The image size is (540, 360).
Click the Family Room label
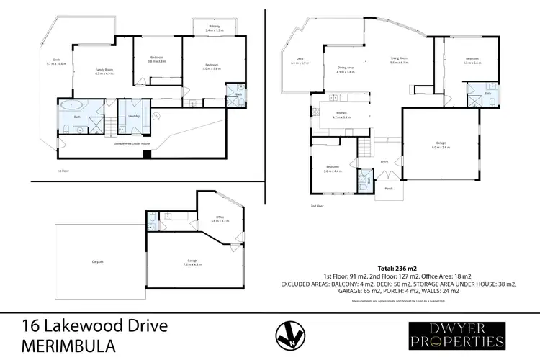click(104, 70)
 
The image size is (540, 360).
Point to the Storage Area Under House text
click(132, 143)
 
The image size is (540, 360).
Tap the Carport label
click(99, 261)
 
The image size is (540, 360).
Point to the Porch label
click(389, 189)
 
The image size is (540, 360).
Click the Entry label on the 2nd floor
click(384, 161)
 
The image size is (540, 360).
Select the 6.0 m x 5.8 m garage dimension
click(441, 147)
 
